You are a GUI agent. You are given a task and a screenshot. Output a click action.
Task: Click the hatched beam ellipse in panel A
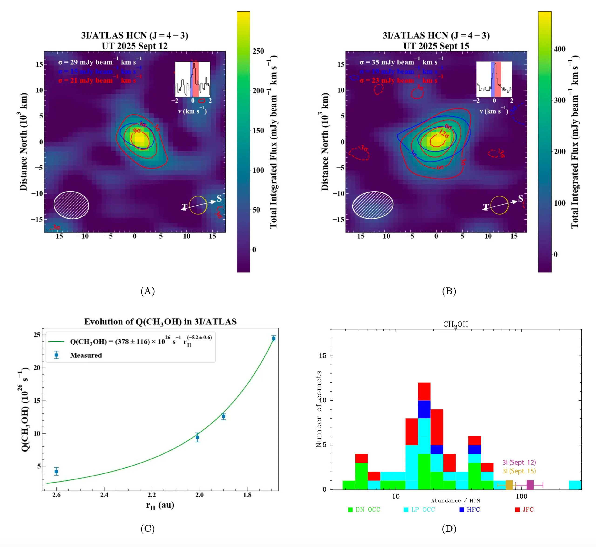pos(71,205)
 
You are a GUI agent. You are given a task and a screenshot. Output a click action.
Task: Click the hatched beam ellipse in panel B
pos(373,205)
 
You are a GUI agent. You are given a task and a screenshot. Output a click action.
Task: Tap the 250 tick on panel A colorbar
pos(258,51)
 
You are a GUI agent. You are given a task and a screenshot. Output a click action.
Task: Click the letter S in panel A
pos(219,198)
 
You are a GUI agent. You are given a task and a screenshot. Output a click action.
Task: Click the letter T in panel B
pos(486,207)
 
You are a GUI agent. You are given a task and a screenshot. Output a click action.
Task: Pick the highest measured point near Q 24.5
pos(274,338)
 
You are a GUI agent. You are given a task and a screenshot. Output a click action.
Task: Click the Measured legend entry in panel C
pos(86,355)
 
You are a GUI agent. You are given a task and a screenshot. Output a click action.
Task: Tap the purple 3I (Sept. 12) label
pos(519,462)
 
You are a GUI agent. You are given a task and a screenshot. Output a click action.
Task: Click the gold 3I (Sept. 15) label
pos(519,471)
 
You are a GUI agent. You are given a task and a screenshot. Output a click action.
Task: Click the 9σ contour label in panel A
pos(137,131)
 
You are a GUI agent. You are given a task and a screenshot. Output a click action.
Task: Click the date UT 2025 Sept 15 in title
pos(436,46)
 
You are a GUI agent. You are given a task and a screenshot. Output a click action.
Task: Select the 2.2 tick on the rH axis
pos(152,495)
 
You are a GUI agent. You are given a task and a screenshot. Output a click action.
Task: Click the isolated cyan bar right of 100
pos(575,485)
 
